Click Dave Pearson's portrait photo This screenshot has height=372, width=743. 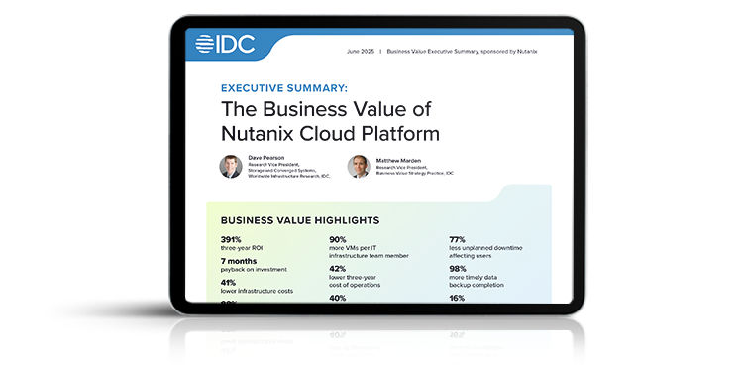pos(230,167)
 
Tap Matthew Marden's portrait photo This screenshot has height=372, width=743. pos(358,167)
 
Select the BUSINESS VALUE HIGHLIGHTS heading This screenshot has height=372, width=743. pos(299,220)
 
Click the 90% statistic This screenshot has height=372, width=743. pos(337,239)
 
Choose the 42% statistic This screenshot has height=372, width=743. pos(337,268)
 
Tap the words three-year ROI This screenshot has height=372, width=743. pos(244,248)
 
